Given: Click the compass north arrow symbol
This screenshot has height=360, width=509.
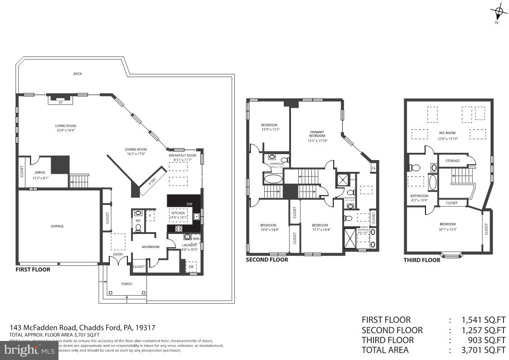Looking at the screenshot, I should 499,12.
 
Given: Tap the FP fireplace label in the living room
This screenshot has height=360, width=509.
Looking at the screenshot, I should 60,102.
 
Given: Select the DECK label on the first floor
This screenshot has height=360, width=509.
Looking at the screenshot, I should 78,74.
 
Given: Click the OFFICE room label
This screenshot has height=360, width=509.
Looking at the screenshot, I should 40,173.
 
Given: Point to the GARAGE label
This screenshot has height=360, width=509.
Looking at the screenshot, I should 57,226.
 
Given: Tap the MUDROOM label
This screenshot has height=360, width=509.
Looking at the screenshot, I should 150,247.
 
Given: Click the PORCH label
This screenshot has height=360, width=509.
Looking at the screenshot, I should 127,284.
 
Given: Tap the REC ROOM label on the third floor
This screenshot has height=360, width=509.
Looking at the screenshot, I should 446,133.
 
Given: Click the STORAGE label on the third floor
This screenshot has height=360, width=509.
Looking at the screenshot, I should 452,161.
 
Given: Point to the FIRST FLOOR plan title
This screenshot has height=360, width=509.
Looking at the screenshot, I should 33,269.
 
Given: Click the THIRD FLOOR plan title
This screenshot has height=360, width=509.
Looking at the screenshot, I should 422,260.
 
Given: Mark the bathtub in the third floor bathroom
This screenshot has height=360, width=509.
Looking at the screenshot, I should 432,182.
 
